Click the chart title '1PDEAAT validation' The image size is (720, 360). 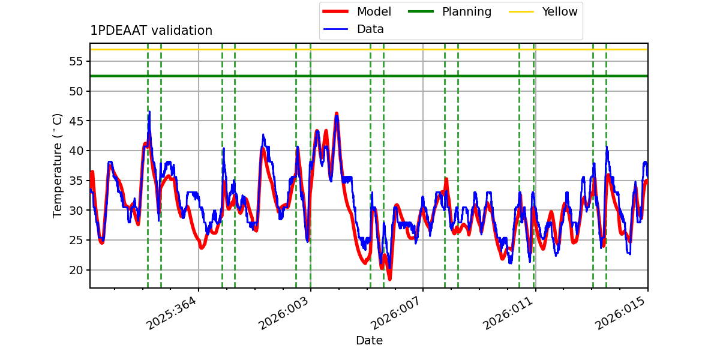[x=151, y=31]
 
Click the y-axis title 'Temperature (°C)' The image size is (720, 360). [x=58, y=165]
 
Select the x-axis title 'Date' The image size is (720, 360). [x=369, y=341]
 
